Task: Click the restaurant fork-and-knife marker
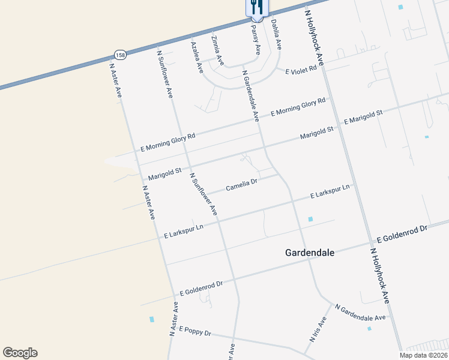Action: [257, 7]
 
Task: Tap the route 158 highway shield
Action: [121, 55]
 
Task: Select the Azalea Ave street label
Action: [197, 58]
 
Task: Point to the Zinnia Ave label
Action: [217, 50]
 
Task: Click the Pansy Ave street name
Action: [256, 40]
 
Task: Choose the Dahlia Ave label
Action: [276, 34]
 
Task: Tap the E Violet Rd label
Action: [300, 71]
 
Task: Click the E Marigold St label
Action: [363, 118]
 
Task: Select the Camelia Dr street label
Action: [241, 185]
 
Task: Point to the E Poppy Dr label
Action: [195, 332]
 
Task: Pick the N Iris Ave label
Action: [318, 329]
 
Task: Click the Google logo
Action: [20, 353]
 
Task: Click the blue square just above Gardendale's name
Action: [310, 220]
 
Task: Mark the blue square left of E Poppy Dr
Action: [152, 319]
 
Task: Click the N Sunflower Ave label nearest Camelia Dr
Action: [203, 194]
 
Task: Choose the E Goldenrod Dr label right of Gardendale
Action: [399, 233]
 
